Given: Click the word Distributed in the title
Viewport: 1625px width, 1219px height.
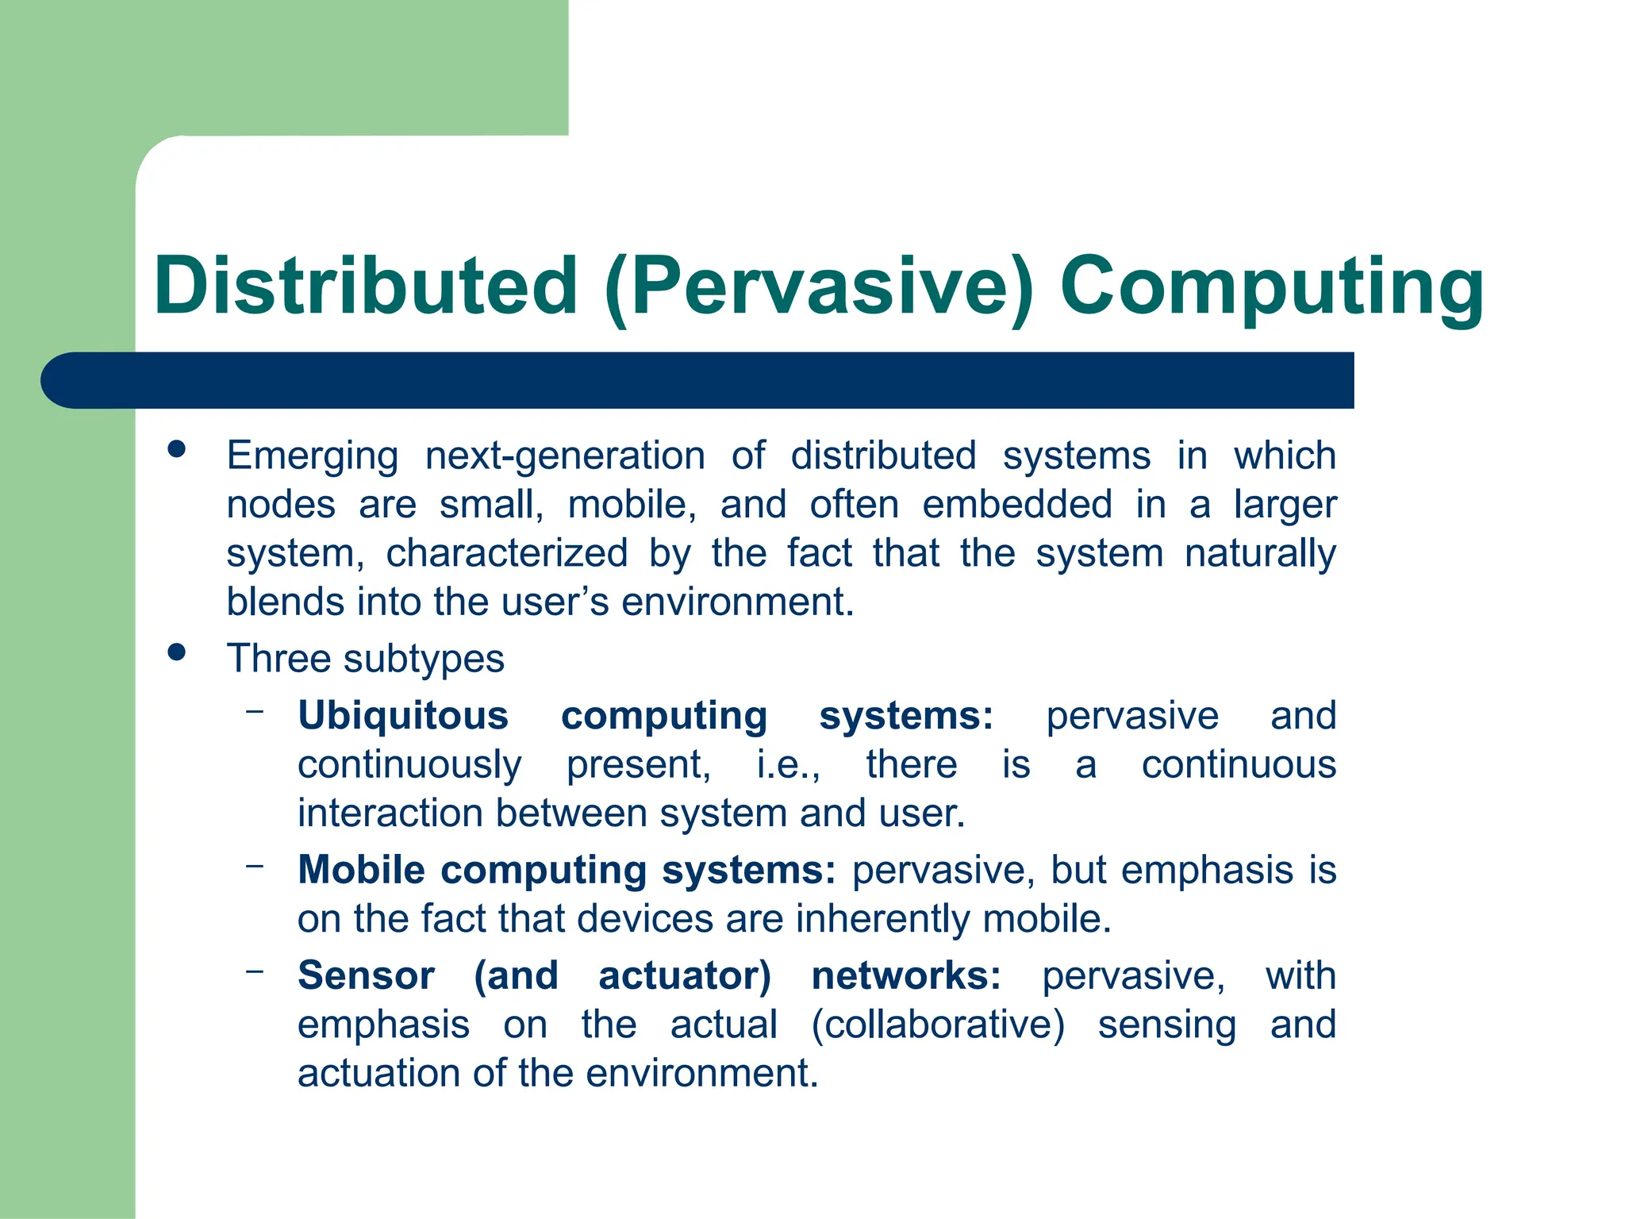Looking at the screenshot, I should pyautogui.click(x=366, y=286).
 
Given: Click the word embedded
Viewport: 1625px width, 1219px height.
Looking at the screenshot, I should pyautogui.click(x=1016, y=505).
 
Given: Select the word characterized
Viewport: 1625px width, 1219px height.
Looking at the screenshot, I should pyautogui.click(x=507, y=553).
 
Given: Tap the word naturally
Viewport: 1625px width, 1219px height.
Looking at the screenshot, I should pyautogui.click(x=1260, y=553).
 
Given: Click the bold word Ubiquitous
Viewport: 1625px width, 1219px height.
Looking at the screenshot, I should pyautogui.click(x=403, y=716).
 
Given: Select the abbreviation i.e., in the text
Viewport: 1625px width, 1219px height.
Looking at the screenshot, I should pyautogui.click(x=788, y=765).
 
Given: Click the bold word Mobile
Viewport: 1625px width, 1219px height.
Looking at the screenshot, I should pyautogui.click(x=362, y=870).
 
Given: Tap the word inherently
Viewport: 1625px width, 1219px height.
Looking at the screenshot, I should pyautogui.click(x=883, y=919).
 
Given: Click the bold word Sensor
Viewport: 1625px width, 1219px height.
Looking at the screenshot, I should pyautogui.click(x=366, y=975).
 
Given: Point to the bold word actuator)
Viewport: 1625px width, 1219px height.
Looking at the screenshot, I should pyautogui.click(x=684, y=975).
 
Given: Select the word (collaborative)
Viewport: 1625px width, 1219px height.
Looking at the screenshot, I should pyautogui.click(x=937, y=1025).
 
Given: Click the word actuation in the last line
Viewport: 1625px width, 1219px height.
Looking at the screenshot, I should pyautogui.click(x=379, y=1074).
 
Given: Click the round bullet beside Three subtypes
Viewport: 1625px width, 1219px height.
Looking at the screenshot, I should pyautogui.click(x=177, y=653).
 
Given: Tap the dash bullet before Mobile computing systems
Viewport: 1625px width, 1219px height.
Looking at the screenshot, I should pyautogui.click(x=255, y=866).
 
